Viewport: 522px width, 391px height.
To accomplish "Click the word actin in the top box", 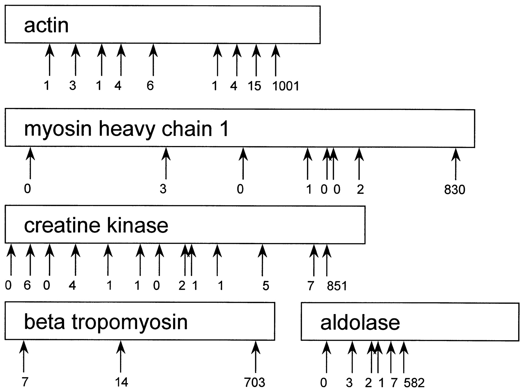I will [46, 25].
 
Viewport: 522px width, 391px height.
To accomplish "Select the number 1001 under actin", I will [286, 86].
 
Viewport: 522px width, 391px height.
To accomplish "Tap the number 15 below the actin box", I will [254, 86].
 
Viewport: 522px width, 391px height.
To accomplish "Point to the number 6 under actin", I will [150, 86].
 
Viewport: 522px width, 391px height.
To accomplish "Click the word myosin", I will [57, 129].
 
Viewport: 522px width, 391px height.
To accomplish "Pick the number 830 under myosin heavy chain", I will [454, 190].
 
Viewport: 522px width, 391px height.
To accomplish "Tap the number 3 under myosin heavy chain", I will [163, 189].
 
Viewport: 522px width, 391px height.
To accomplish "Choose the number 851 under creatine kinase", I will [337, 286].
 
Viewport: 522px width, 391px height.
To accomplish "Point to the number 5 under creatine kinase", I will [266, 286].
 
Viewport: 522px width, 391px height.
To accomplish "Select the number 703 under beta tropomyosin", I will [254, 383].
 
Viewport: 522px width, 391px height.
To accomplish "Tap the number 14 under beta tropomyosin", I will [121, 382].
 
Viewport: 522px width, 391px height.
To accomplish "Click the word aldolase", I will [360, 322].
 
